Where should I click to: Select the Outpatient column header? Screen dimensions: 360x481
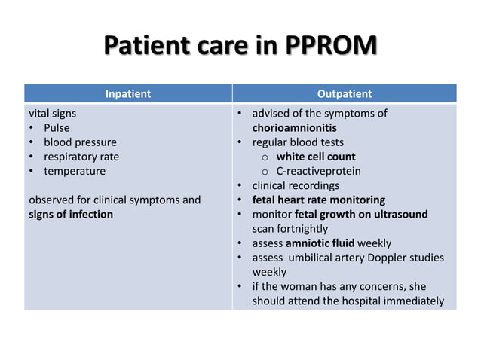tap(344, 94)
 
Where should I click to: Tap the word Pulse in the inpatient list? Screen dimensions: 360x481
tap(57, 128)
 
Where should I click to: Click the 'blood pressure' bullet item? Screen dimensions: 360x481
tap(80, 142)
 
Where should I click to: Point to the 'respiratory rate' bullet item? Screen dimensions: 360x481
tap(81, 157)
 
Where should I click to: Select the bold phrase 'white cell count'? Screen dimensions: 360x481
tap(315, 157)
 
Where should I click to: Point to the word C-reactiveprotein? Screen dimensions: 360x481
tap(318, 171)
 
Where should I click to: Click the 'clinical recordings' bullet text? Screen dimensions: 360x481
tap(296, 185)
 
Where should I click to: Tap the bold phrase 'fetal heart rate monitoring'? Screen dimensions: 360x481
tap(318, 200)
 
